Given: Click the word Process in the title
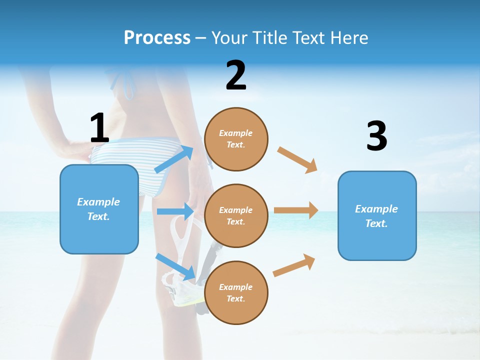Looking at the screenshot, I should point(157,37).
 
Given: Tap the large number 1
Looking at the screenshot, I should point(99,128).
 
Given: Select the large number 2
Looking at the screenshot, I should point(236,75).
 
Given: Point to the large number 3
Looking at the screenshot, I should point(376,136).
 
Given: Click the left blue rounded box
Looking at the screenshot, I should point(99,209).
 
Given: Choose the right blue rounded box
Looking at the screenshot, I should point(377,215).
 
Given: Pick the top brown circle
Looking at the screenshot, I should point(236,139).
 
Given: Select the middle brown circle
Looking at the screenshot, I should point(236,215).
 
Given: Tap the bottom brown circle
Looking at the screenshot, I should point(236,292).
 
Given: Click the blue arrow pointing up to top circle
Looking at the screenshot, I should point(173,159).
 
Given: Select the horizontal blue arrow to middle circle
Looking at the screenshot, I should point(175,211).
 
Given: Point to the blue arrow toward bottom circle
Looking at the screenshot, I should point(175,266).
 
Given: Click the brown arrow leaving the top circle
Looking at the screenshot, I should point(297,159).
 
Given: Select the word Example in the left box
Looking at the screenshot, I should point(98,202).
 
